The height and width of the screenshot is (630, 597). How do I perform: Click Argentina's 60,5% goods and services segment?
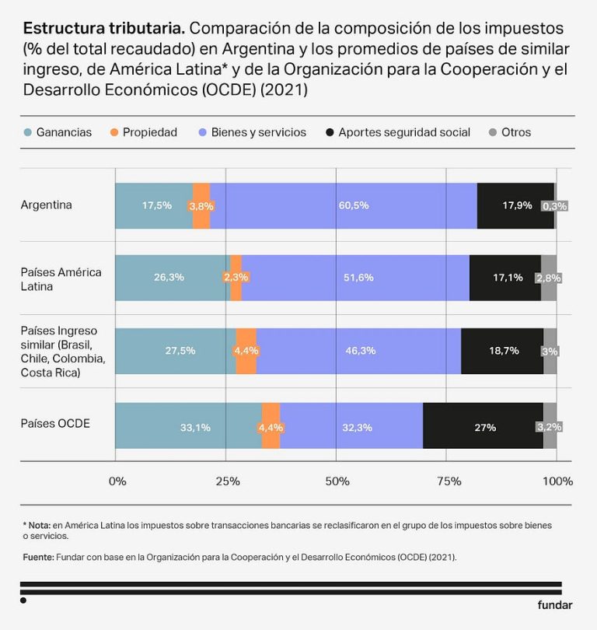pyautogui.click(x=353, y=206)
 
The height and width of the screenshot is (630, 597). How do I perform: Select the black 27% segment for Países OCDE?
pyautogui.click(x=483, y=427)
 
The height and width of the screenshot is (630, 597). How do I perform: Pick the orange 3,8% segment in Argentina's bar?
pyautogui.click(x=201, y=206)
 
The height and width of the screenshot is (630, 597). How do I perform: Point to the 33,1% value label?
pyautogui.click(x=195, y=427)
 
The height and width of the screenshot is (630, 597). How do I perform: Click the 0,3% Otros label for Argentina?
pyautogui.click(x=555, y=206)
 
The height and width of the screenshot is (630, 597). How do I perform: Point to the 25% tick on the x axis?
pyautogui.click(x=227, y=481)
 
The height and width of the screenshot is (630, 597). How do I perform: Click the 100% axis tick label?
pyautogui.click(x=557, y=481)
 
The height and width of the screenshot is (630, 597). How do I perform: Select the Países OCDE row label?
pyautogui.click(x=55, y=424)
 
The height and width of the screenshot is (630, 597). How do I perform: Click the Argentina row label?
pyautogui.click(x=47, y=205)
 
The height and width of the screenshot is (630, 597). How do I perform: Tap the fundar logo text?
pyautogui.click(x=554, y=605)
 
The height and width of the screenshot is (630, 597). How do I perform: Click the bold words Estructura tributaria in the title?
pyautogui.click(x=104, y=29)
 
